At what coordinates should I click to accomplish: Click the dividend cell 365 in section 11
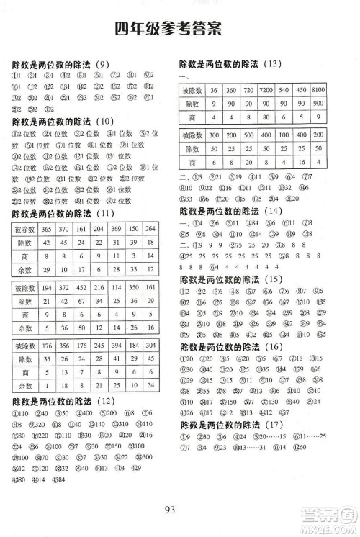pos(48,229)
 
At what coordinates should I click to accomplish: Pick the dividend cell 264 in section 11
pos(150,229)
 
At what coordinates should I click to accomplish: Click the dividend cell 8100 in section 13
pos(319,90)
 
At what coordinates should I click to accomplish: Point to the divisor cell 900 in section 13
pos(319,104)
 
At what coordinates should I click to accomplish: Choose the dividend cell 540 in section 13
pos(283,90)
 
